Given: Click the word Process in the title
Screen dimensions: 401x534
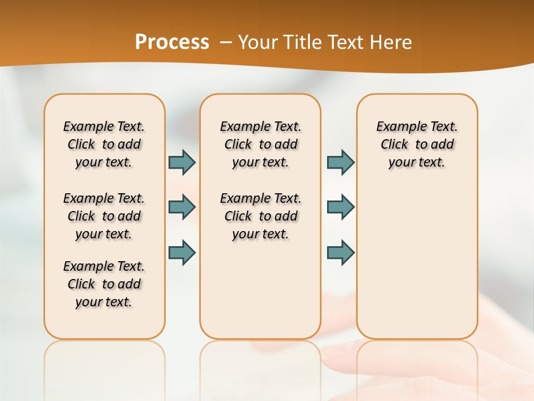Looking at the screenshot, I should pyautogui.click(x=172, y=42).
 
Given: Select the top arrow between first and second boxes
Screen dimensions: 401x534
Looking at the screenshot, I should pyautogui.click(x=182, y=162).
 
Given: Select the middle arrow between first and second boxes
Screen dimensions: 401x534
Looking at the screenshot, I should pyautogui.click(x=182, y=207).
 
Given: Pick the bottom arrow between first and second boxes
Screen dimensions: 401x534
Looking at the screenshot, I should pyautogui.click(x=182, y=252).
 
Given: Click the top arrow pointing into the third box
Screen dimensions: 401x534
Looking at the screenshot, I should pyautogui.click(x=340, y=162).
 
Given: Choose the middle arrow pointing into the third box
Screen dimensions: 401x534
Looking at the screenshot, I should pyautogui.click(x=340, y=207).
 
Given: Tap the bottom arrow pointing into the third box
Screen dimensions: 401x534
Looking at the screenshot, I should pyautogui.click(x=340, y=252).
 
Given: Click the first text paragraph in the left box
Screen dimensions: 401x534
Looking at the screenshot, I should pyautogui.click(x=104, y=144).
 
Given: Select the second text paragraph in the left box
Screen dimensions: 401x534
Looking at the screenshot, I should pyautogui.click(x=104, y=216).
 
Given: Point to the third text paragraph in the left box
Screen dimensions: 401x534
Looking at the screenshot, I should pyautogui.click(x=104, y=284).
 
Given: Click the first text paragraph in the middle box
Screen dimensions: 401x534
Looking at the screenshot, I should pyautogui.click(x=260, y=144).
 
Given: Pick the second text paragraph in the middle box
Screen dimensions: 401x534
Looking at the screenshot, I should pyautogui.click(x=260, y=216).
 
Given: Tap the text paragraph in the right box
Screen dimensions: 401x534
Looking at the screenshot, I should pyautogui.click(x=417, y=144).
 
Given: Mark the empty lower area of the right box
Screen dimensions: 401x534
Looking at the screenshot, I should pyautogui.click(x=417, y=262).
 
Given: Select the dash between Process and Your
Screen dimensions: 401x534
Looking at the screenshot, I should pyautogui.click(x=226, y=43).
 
